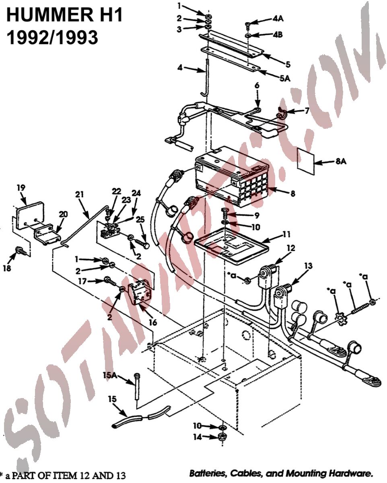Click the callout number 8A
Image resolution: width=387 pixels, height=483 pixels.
click(341, 161)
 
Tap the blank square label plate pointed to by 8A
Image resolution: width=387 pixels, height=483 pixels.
click(306, 161)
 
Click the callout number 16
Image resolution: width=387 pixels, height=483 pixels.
click(153, 322)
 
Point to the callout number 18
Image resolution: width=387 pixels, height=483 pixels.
click(7, 268)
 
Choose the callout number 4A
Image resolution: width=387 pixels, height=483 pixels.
click(278, 18)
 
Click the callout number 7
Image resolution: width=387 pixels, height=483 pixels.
click(307, 110)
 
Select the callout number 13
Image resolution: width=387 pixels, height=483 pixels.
click(309, 266)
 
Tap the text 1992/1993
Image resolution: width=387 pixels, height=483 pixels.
click(52, 37)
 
